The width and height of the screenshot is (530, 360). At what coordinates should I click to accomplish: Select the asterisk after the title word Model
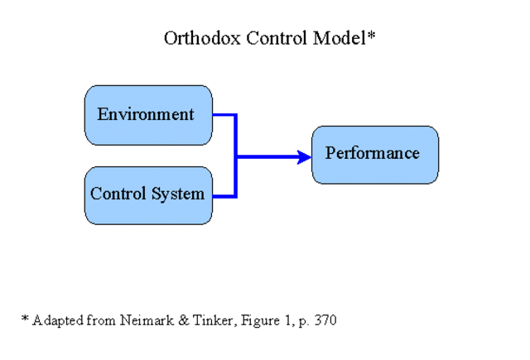(x=373, y=36)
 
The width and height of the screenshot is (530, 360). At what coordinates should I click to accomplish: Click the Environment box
(x=148, y=115)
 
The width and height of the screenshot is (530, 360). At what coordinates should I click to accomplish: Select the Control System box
(x=148, y=195)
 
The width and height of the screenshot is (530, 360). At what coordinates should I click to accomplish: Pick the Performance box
(x=374, y=155)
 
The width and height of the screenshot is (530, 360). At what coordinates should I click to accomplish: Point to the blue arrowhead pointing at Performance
(x=304, y=156)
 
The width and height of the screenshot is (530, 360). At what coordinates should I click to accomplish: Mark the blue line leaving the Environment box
(x=224, y=115)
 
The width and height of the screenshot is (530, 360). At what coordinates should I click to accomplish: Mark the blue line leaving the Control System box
(x=224, y=196)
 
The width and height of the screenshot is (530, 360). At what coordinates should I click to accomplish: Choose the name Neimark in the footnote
(x=132, y=319)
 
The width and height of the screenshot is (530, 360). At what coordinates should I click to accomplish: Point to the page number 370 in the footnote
(x=325, y=319)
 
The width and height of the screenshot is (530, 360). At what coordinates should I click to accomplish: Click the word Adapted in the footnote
(x=57, y=320)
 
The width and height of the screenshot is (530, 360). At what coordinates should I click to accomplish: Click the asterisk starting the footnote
(x=25, y=318)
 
